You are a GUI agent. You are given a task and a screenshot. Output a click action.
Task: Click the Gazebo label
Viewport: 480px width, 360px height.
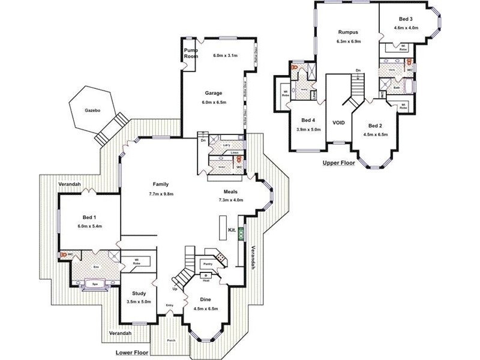coord(91,112)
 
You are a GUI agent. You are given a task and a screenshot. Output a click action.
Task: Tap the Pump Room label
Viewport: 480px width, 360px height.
coord(191,53)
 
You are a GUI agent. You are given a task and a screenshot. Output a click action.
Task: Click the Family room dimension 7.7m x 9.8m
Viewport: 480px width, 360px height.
coord(160,194)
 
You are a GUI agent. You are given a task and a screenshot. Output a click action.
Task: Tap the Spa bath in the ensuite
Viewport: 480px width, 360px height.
coord(93,283)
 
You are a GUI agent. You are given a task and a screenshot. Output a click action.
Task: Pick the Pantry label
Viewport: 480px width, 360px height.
coord(208,263)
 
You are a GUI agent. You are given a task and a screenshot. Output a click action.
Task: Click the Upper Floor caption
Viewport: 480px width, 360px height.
coord(339,163)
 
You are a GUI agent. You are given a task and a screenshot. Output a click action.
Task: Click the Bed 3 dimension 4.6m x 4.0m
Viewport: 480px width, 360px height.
coord(407,28)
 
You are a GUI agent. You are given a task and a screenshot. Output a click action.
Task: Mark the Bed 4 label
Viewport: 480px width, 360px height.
coord(308,119)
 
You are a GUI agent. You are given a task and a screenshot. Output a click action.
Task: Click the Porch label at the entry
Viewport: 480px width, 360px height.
coord(172,340)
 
